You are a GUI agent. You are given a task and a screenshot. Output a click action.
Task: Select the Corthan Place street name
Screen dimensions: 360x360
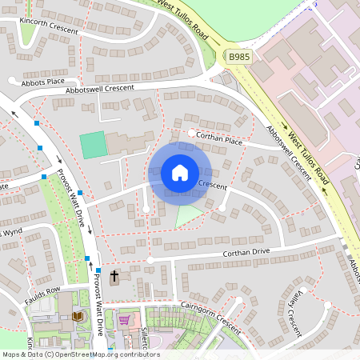point(219,140)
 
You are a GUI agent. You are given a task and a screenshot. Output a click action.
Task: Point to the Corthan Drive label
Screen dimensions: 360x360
point(241,254)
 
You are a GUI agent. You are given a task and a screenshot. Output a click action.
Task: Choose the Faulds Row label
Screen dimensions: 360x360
point(42,289)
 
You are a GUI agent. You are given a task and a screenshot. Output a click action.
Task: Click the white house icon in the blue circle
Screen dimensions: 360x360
point(179,173)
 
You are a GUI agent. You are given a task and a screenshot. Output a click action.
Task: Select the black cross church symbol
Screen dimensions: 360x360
point(114,277)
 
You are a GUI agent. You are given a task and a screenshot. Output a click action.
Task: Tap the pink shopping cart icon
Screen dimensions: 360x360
point(125,320)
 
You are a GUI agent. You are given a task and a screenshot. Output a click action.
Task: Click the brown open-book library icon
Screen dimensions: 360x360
point(78,318)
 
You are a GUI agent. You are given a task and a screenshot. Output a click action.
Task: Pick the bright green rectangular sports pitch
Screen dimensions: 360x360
point(94,145)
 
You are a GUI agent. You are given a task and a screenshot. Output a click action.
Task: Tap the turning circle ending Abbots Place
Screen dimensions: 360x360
point(12,81)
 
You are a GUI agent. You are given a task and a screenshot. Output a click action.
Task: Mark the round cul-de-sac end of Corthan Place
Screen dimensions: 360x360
point(190,134)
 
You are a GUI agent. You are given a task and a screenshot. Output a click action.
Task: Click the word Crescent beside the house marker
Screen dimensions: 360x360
point(212,186)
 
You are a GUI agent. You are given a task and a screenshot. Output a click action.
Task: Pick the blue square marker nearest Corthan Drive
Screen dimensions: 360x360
point(87,258)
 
